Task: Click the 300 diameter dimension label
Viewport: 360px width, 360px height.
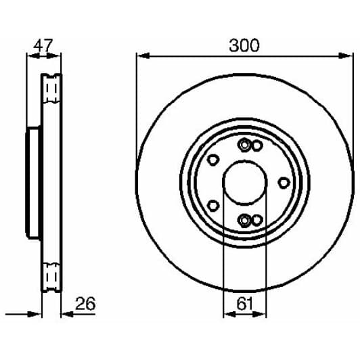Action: (x=244, y=45)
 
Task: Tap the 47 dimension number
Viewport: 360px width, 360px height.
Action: (x=43, y=45)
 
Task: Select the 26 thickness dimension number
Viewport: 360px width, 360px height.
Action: (x=85, y=304)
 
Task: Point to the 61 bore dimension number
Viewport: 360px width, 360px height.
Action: (x=245, y=304)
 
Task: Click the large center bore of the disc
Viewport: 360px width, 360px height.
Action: (x=245, y=183)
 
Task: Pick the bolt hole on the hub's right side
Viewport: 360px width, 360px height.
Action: (x=284, y=183)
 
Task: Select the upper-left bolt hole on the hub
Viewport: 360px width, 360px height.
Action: (x=213, y=160)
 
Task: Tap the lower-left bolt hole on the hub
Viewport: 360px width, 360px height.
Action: (x=213, y=206)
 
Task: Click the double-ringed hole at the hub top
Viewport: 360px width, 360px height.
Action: (x=244, y=145)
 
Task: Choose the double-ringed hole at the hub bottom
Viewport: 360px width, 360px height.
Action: (x=244, y=221)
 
